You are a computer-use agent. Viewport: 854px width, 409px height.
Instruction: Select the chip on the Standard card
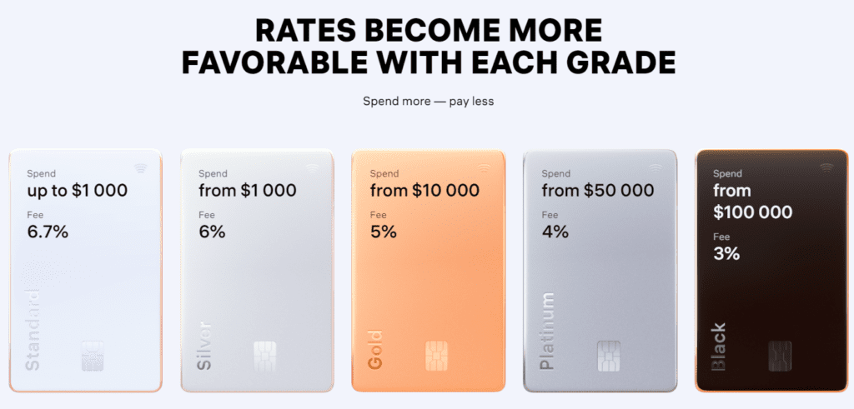(x=93, y=356)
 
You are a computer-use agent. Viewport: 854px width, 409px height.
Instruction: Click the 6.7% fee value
(x=47, y=232)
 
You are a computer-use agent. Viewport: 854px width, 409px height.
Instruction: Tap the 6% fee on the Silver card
(x=212, y=232)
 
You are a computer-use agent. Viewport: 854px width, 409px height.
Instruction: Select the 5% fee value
(x=383, y=232)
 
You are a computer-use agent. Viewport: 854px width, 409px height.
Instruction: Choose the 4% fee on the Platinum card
(x=555, y=232)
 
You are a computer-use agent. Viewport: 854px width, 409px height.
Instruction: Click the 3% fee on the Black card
(x=726, y=253)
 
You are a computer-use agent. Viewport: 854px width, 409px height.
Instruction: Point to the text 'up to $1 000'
(x=77, y=191)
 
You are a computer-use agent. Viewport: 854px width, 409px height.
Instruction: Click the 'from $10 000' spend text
(x=424, y=191)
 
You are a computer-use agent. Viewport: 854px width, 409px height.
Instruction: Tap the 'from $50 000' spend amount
(x=597, y=191)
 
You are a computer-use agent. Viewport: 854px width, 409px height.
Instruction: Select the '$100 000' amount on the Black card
(x=753, y=212)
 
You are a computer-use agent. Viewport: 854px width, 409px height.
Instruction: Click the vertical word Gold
(x=375, y=351)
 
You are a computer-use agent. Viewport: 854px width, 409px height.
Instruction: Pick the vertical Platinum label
(x=547, y=331)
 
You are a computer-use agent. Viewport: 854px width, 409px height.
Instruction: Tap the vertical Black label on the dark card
(x=718, y=347)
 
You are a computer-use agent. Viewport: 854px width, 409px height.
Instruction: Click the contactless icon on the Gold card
(x=484, y=167)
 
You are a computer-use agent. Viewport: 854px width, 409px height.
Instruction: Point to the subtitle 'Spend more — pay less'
(x=428, y=102)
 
